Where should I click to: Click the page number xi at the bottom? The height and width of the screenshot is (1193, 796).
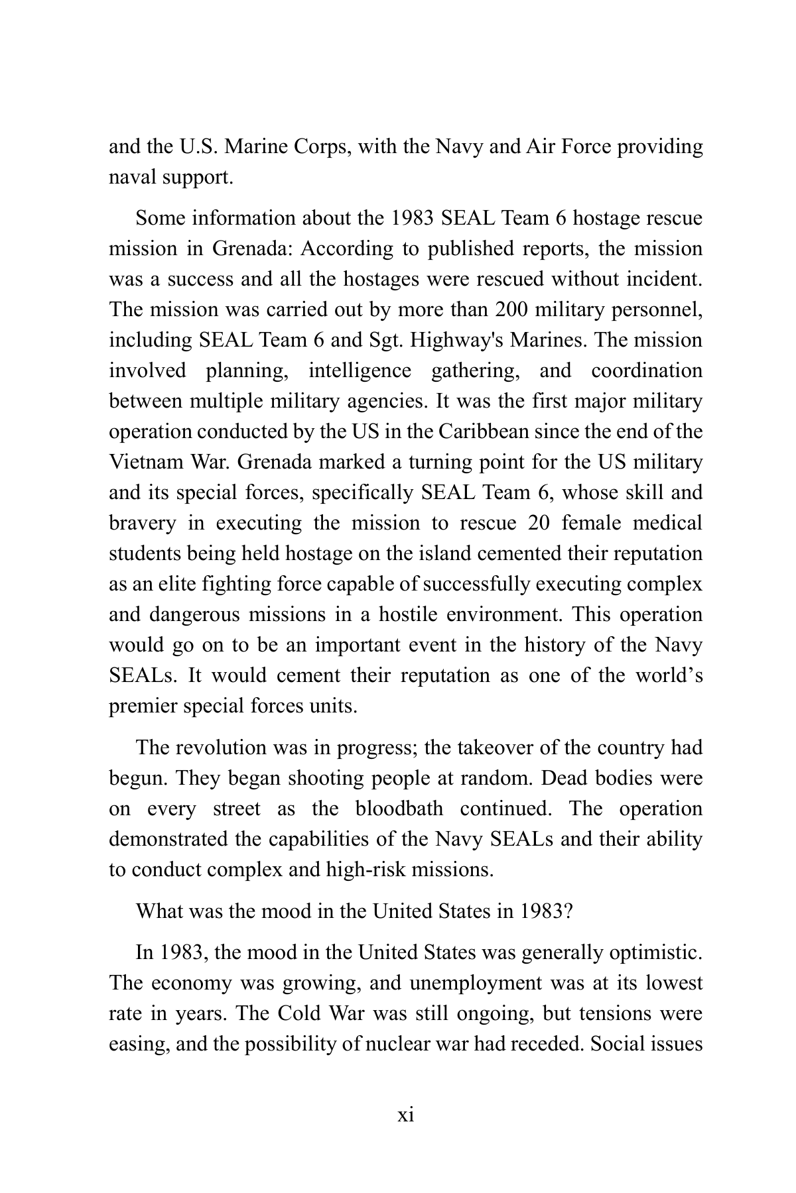[405, 1115]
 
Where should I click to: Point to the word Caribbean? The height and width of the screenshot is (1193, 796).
[483, 432]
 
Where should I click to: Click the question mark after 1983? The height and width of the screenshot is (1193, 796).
[567, 912]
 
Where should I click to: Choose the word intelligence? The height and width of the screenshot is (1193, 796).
[360, 371]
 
